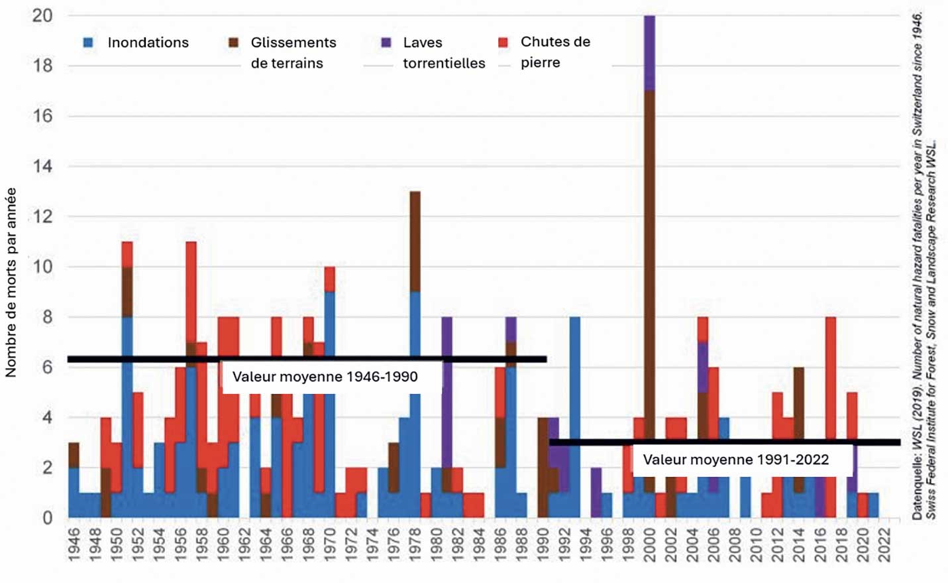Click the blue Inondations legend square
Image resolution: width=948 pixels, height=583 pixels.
[x=88, y=42]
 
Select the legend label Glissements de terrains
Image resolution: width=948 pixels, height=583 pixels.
[x=293, y=52]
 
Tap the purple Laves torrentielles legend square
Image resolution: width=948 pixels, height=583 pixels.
[x=386, y=42]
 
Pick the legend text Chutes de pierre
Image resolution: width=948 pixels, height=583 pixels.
[x=554, y=52]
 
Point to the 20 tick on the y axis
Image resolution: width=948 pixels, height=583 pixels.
[x=42, y=15]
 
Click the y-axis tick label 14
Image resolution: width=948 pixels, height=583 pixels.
[x=42, y=166]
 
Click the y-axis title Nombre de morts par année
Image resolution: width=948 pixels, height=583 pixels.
[x=11, y=283]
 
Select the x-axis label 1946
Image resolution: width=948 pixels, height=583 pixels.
[x=74, y=545]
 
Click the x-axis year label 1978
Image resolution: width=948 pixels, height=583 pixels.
[x=415, y=545]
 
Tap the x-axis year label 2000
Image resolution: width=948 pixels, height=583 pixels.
[x=649, y=545]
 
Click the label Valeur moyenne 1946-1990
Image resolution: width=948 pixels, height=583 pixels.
[x=325, y=377]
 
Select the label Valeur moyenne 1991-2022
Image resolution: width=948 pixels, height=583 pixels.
[x=735, y=460]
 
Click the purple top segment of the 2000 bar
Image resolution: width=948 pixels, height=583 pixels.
[x=649, y=53]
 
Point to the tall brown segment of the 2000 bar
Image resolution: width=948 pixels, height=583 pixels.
[x=649, y=265]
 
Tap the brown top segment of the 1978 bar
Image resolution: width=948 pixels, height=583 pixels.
[x=415, y=241]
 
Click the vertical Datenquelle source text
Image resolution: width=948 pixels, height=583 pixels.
[x=923, y=265]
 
